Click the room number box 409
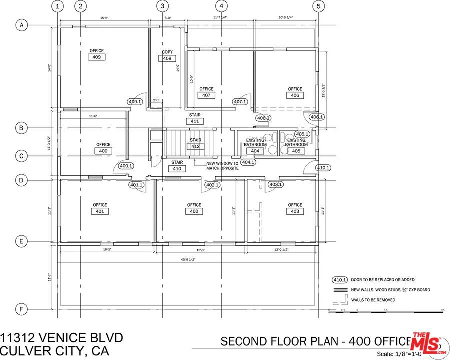(x=97, y=57)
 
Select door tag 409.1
(x=135, y=102)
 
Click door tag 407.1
(x=240, y=102)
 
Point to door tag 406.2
(x=263, y=118)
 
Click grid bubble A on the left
(x=21, y=25)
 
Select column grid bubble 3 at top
(x=162, y=6)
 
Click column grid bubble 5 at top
(x=318, y=6)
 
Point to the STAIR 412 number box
(x=195, y=147)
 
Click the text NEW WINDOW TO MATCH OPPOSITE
(x=222, y=166)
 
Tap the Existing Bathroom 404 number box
(x=255, y=151)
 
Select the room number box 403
(x=295, y=211)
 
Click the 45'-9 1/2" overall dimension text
(x=188, y=259)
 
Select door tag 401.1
(x=136, y=185)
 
